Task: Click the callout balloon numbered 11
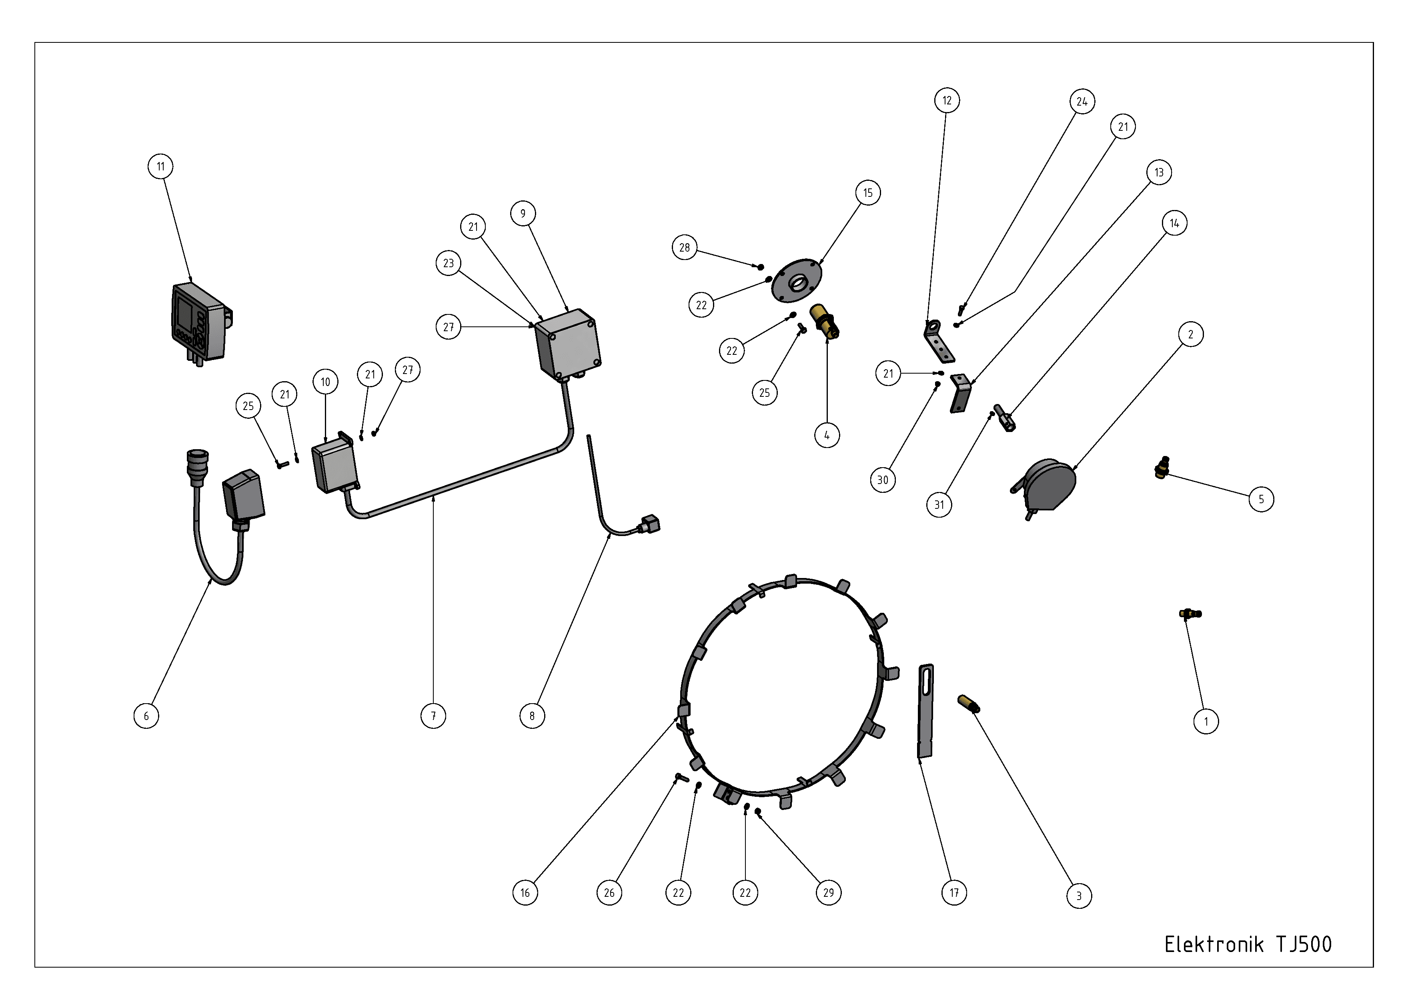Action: (x=160, y=166)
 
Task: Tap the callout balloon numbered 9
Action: (x=523, y=213)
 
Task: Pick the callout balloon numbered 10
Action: (x=325, y=382)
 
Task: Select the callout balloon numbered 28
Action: (x=684, y=248)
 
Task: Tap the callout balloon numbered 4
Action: (x=827, y=435)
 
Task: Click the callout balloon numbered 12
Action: (x=947, y=100)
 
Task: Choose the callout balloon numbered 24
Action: (x=1082, y=102)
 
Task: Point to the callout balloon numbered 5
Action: (x=1261, y=499)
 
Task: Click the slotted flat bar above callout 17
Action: (x=925, y=711)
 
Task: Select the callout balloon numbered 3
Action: (x=1079, y=896)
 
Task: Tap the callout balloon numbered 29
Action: (x=829, y=892)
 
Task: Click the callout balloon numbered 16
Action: (x=525, y=892)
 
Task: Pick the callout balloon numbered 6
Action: (x=146, y=716)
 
